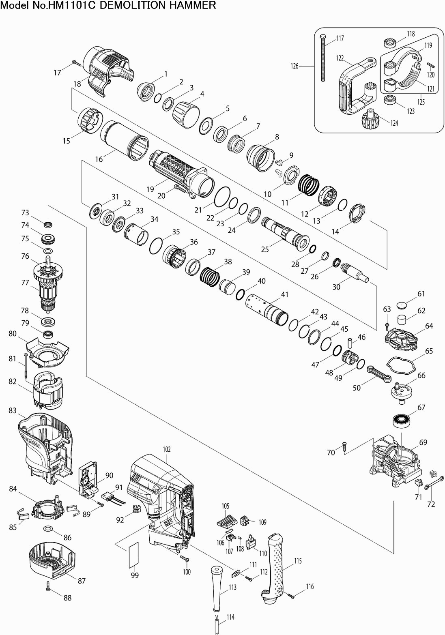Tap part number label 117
click(340, 39)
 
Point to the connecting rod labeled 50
click(379, 373)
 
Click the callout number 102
click(167, 449)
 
